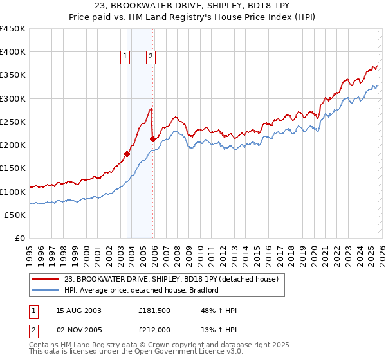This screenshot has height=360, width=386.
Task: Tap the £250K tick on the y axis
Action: point(13,122)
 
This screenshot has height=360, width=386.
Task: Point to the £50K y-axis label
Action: point(15,215)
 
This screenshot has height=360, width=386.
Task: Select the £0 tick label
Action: point(19,238)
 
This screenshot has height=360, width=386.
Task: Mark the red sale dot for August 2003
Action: point(127,154)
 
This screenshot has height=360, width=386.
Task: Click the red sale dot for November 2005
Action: point(152,138)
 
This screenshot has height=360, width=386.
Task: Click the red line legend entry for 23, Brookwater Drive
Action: point(170,279)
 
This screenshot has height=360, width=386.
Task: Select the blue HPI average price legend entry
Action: point(142,290)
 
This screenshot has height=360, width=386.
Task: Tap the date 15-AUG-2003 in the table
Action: point(78,310)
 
